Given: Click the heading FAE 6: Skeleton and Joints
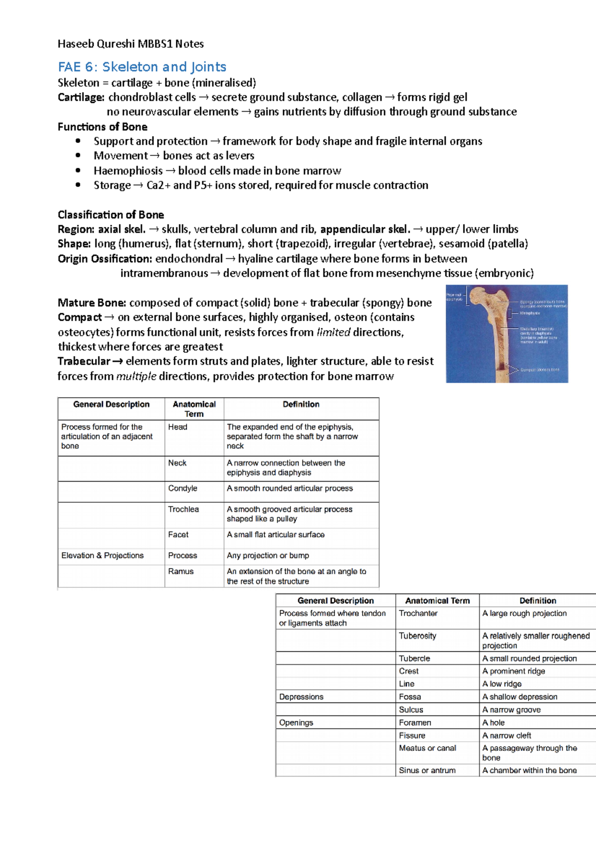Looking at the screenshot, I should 142,67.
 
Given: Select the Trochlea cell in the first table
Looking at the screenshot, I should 183,509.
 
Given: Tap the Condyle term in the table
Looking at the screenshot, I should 182,489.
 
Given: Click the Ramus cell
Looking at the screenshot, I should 181,571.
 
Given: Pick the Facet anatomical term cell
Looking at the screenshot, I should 178,535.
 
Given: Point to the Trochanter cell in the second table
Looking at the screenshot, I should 418,614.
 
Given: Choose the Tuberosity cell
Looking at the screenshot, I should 417,636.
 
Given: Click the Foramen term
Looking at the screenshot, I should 415,723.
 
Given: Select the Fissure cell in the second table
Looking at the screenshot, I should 412,736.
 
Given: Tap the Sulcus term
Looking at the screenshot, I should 411,710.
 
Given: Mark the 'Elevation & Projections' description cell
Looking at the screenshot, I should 102,556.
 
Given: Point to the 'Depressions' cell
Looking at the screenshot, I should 301,697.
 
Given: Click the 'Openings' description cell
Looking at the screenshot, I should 296,723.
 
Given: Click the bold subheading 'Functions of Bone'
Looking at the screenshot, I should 102,127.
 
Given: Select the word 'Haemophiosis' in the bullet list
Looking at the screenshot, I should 128,171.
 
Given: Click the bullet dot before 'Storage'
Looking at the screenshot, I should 78,185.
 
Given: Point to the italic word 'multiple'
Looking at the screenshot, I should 136,376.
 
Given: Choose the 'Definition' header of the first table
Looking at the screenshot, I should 301,405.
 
